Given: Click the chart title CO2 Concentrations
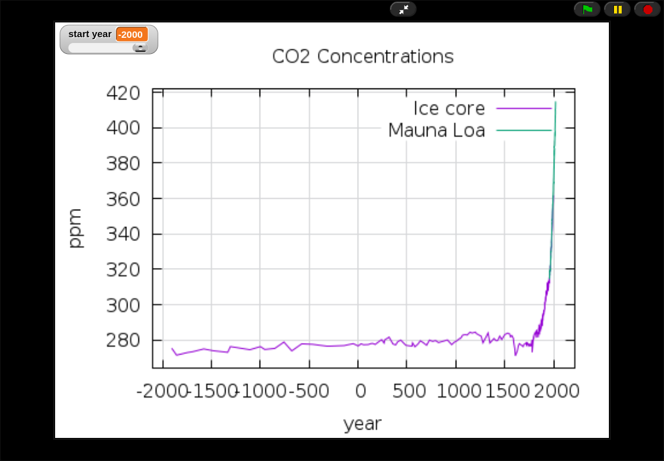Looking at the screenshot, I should pos(363,56).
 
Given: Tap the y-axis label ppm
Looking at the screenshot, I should pos(75,228).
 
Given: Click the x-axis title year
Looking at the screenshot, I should pos(362,423).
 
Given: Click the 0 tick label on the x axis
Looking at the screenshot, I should pos(361,391).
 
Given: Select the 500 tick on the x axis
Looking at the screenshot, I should pos(409,391).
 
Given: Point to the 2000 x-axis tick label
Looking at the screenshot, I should pos(556,391).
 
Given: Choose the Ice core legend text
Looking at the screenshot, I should pos(449,108).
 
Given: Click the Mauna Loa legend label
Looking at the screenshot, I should pos(436,131).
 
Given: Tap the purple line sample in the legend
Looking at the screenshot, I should pos(524,108).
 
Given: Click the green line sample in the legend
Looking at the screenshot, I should pos(524,131).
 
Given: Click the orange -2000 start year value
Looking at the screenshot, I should pos(131,35).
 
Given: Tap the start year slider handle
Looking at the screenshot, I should pos(140,48).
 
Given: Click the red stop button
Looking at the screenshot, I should pos(647,10).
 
